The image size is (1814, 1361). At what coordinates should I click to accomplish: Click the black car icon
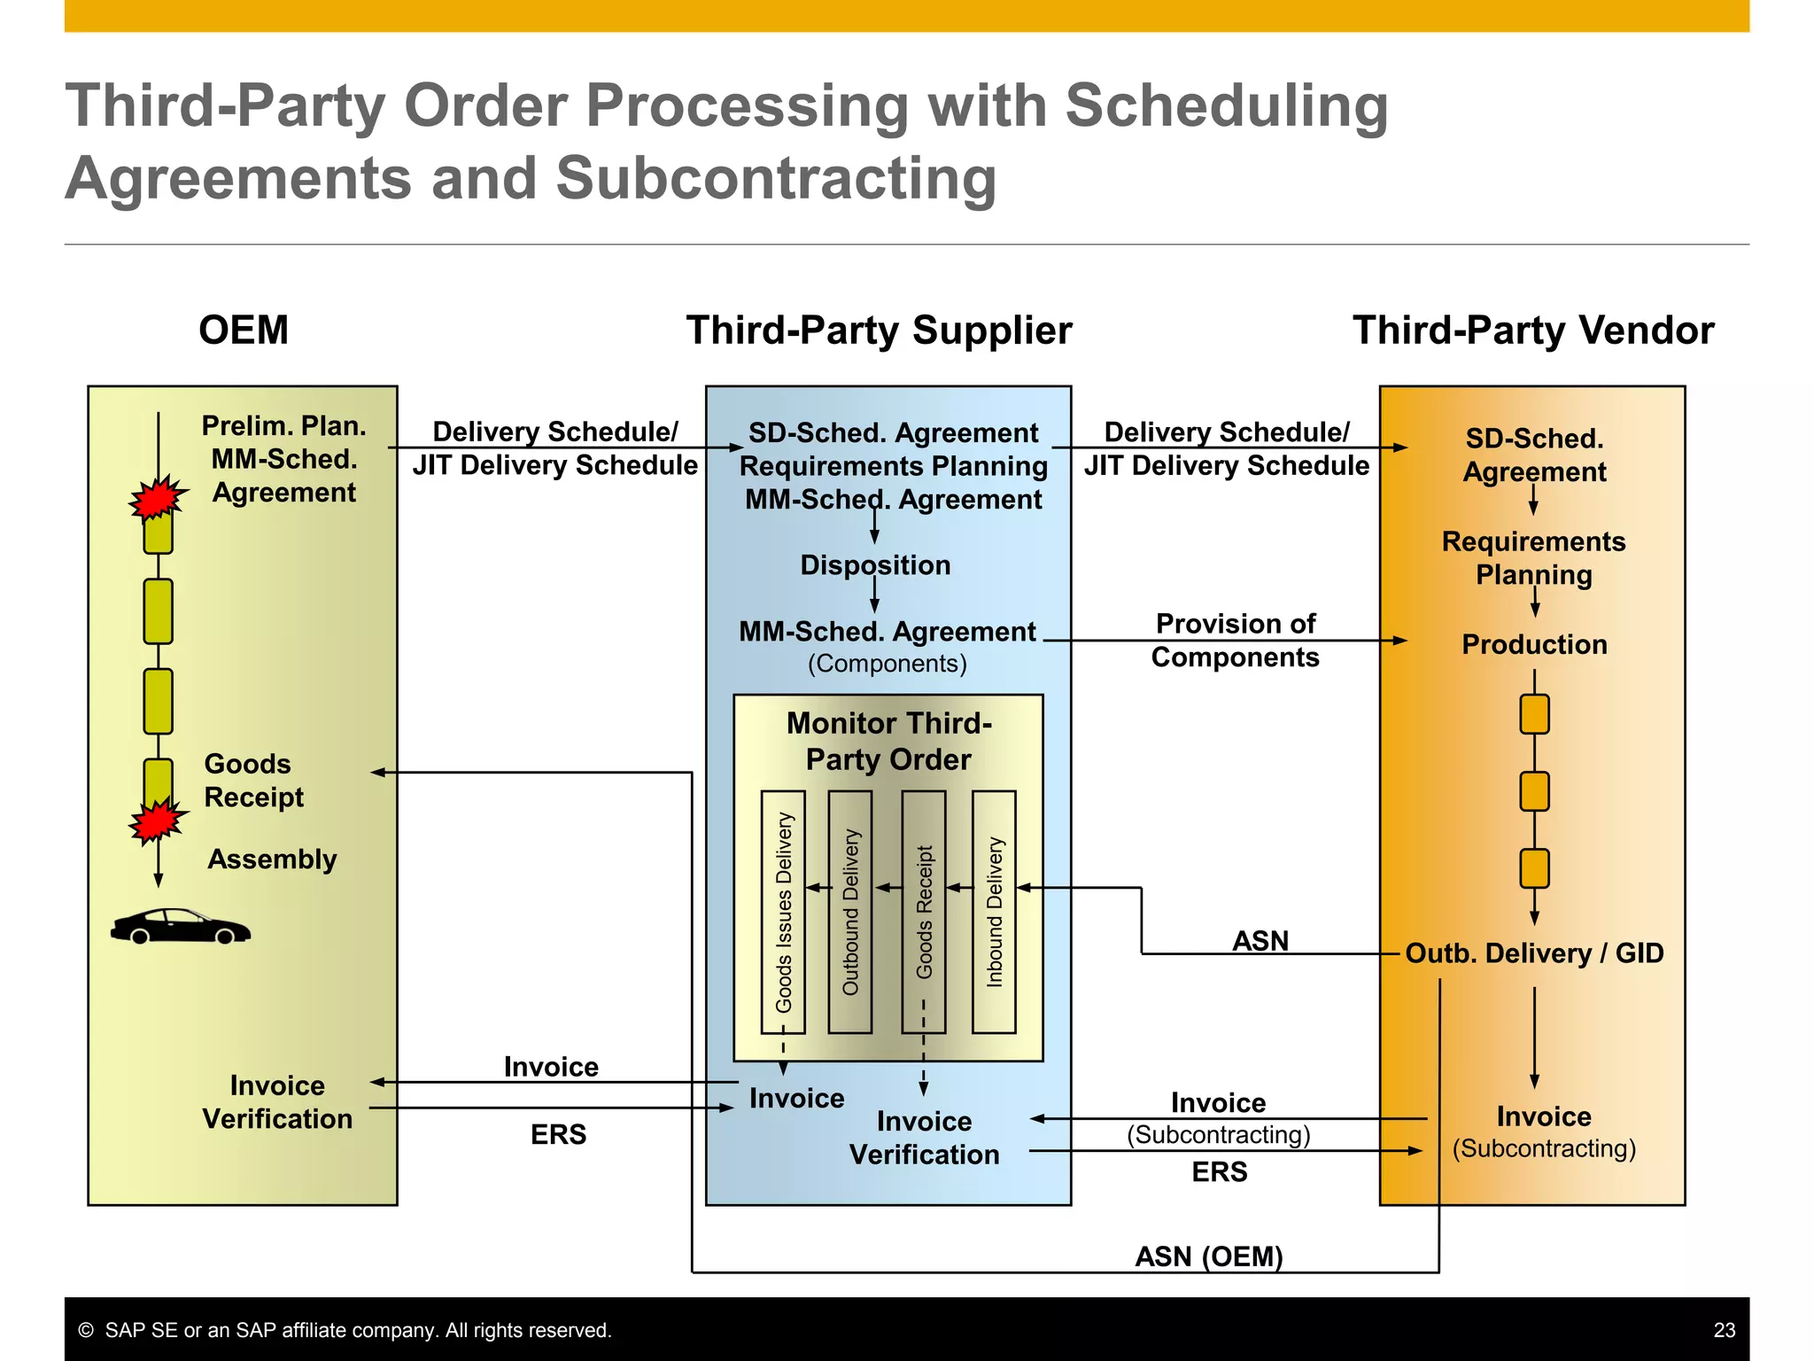[x=180, y=927]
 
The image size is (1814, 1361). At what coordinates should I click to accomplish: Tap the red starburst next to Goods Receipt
[x=158, y=820]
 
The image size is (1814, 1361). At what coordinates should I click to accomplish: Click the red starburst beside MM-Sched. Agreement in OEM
[x=158, y=498]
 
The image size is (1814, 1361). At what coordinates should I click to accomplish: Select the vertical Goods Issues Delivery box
[x=783, y=912]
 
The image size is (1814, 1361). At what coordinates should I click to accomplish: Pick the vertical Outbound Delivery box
[x=849, y=912]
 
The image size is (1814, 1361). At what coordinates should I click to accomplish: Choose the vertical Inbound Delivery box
[x=994, y=912]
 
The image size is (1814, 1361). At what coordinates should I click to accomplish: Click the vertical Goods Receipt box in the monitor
[x=923, y=912]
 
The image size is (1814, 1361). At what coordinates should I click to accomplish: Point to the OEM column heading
[x=244, y=331]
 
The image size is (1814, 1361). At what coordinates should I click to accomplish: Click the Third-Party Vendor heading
[x=1532, y=331]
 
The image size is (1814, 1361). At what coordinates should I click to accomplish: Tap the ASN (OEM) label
[x=1208, y=1256]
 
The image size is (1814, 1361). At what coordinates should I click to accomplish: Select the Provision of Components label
[x=1235, y=641]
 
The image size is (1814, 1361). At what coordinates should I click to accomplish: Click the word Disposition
[x=875, y=565]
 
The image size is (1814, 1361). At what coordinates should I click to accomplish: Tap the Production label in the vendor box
[x=1534, y=644]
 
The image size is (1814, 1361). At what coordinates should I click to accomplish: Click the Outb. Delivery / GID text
[x=1534, y=953]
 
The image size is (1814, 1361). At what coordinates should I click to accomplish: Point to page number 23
[x=1724, y=1330]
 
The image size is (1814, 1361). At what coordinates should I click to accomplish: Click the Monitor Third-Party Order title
[x=888, y=742]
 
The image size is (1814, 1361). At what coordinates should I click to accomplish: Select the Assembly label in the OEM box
[x=272, y=859]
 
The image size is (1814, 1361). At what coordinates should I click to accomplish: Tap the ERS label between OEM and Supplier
[x=558, y=1135]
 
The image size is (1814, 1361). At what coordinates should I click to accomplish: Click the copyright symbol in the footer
[x=86, y=1330]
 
